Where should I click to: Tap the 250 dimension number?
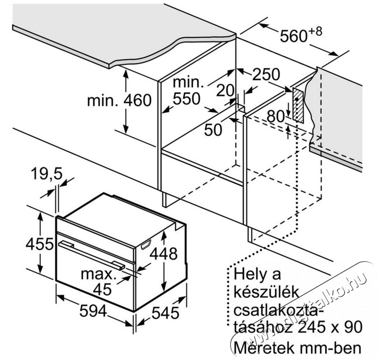[x=266, y=74]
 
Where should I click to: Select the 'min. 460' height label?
[x=119, y=100]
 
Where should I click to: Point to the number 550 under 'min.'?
[x=186, y=99]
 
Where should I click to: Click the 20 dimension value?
[x=225, y=90]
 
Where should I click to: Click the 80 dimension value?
[x=275, y=116]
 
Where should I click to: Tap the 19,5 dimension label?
[x=47, y=174]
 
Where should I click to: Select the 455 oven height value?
[x=39, y=244]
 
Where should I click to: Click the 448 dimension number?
[x=164, y=254]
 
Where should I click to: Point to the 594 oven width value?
[x=93, y=310]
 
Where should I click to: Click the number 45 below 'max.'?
[x=103, y=289]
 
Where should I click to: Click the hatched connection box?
[x=298, y=105]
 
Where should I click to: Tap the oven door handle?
[x=92, y=255]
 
